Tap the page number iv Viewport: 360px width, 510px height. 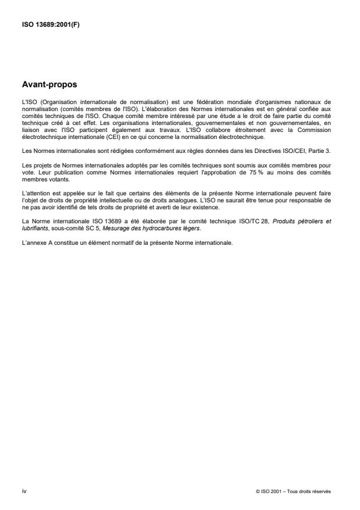(23, 491)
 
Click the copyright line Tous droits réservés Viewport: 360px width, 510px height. (293, 492)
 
